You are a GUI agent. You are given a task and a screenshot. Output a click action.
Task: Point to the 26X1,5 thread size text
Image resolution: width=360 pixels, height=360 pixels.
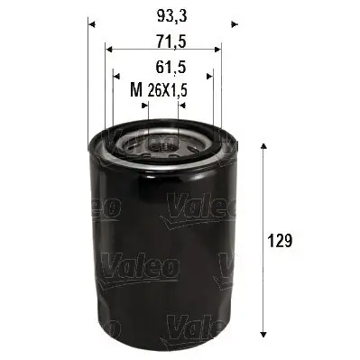point(168,89)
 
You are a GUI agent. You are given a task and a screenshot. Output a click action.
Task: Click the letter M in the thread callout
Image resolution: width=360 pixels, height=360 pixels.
point(136,89)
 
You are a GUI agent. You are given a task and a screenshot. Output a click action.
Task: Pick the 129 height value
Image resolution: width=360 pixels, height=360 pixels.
point(283,241)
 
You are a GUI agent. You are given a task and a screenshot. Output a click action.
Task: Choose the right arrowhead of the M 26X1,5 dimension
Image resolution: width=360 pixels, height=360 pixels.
point(180,105)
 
